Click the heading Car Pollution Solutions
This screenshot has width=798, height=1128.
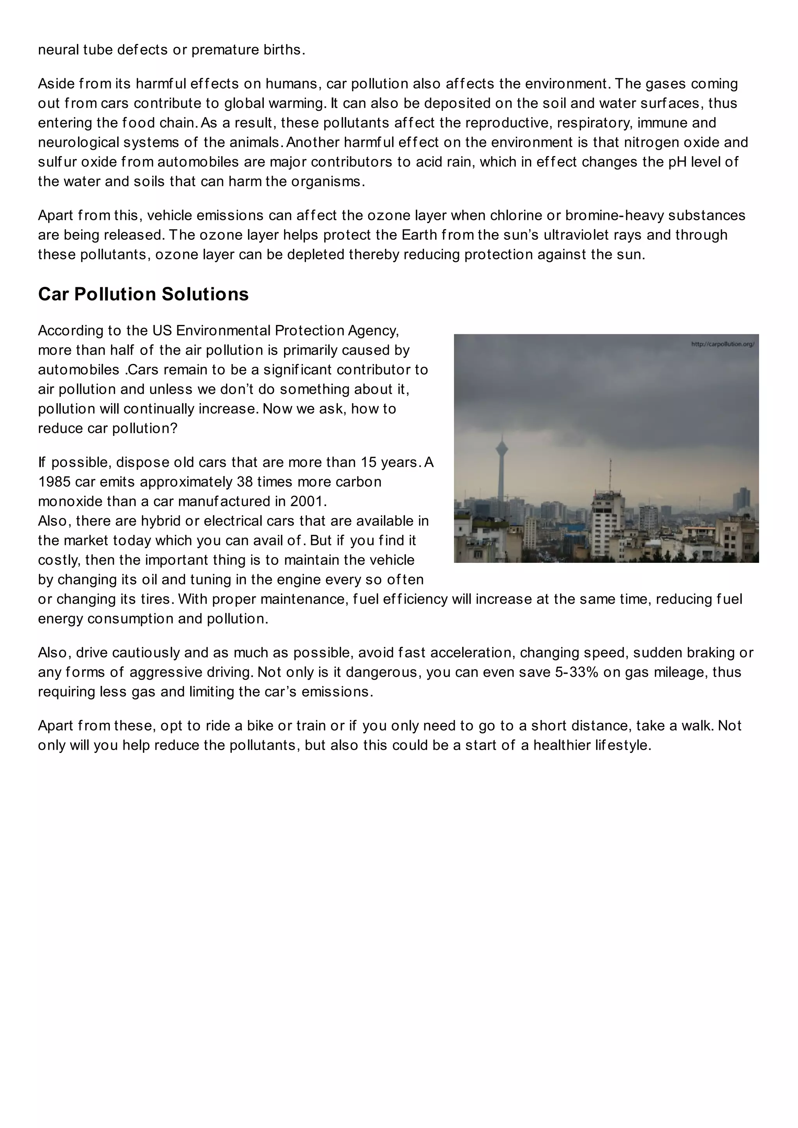[x=143, y=294]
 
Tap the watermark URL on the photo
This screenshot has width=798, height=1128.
[x=722, y=344]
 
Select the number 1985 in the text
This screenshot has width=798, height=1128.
[x=54, y=482]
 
